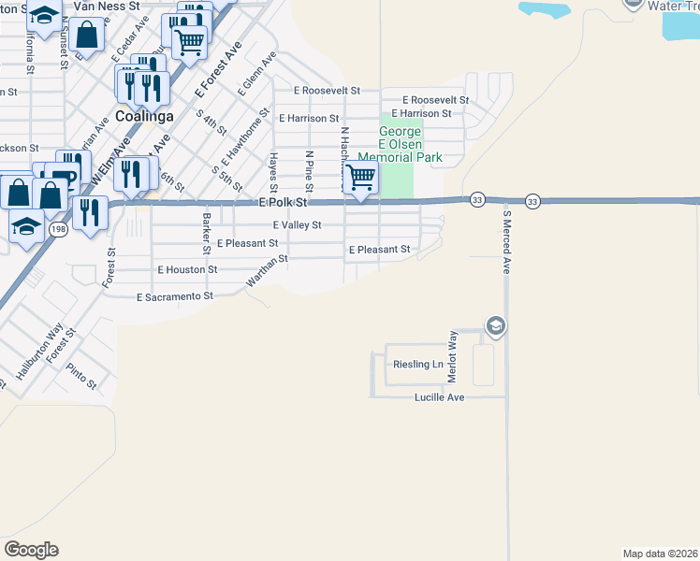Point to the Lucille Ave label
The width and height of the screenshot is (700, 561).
click(x=440, y=397)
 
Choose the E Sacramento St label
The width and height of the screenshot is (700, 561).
click(x=175, y=296)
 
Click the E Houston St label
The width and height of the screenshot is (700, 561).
click(x=187, y=269)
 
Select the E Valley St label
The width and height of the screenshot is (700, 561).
click(x=297, y=225)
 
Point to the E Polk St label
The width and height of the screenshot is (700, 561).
click(x=284, y=202)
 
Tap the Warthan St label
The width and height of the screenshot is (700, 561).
click(x=265, y=273)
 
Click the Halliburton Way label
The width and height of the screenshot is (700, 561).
click(x=38, y=350)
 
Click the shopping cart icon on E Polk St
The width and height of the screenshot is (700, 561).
click(x=360, y=177)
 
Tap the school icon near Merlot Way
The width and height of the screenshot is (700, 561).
click(x=495, y=325)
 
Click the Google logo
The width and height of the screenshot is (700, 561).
click(x=31, y=550)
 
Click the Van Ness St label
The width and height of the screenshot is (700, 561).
click(x=106, y=5)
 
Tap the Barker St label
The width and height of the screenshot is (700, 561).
click(x=206, y=233)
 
